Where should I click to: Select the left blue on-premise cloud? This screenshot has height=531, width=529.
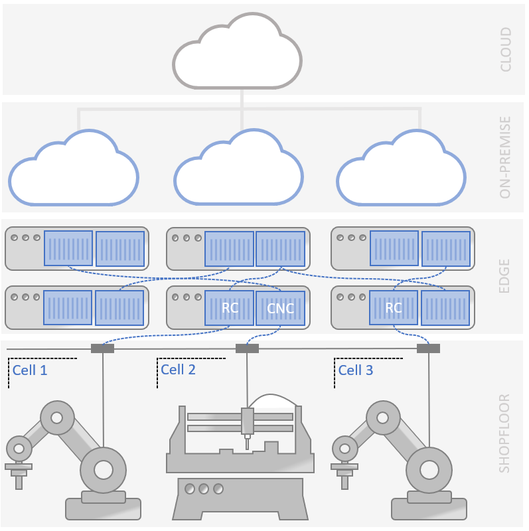point(73,171)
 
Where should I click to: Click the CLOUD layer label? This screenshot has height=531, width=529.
point(506,49)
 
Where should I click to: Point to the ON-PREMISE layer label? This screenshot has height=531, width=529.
point(506,157)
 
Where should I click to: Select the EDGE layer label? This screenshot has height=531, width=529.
point(504,275)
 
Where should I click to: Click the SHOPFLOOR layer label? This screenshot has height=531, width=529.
point(504,433)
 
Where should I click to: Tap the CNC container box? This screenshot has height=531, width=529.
point(280,308)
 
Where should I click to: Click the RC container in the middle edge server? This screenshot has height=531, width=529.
point(230,308)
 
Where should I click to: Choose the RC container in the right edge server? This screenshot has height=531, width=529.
point(394,308)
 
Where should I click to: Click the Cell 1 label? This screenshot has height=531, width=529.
point(30,370)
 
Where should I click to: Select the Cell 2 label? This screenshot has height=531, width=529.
point(178,370)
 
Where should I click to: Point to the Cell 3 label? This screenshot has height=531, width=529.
point(356,370)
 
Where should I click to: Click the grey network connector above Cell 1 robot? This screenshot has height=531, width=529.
point(102,348)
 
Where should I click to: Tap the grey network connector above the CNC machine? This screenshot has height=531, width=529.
point(247,348)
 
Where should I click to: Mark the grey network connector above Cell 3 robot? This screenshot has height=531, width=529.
point(428,348)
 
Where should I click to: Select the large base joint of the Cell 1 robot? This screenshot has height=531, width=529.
point(103,469)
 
